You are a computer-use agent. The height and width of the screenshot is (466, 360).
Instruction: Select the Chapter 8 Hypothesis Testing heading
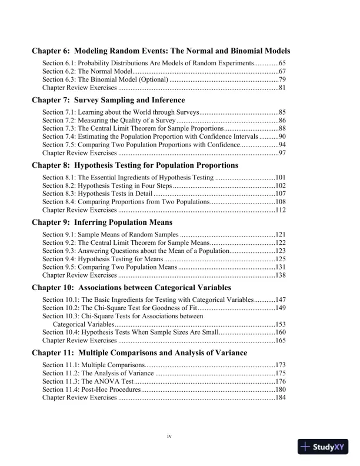pyautogui.click(x=135, y=165)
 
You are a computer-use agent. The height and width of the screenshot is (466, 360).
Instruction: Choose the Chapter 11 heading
pyautogui.click(x=139, y=353)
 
